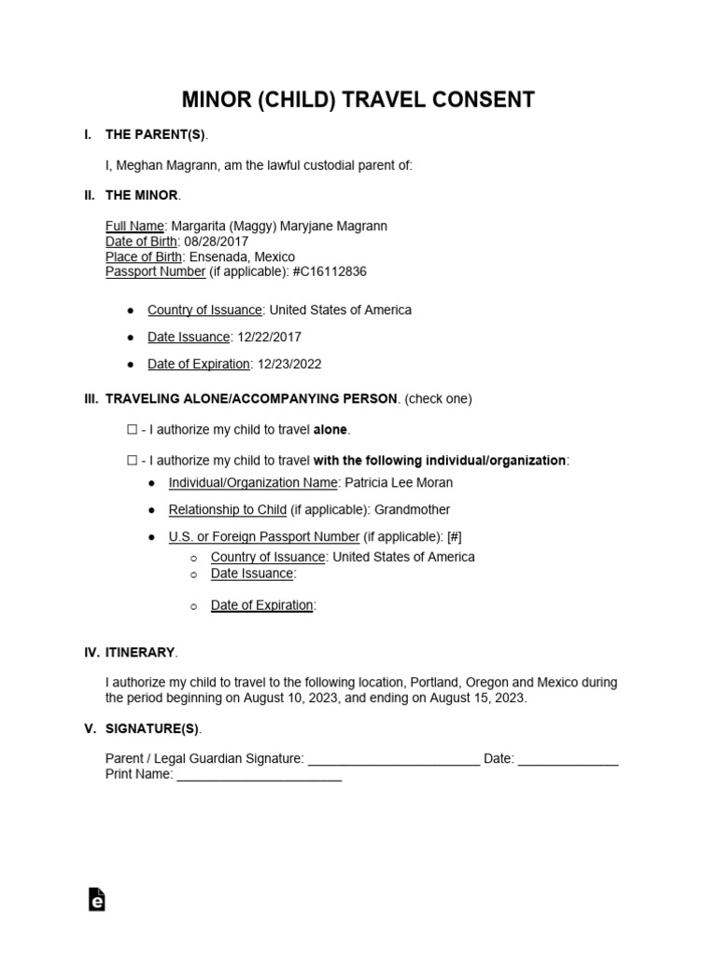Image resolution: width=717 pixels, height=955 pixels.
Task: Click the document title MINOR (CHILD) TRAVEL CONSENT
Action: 358,100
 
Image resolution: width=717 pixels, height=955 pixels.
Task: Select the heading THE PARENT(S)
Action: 156,135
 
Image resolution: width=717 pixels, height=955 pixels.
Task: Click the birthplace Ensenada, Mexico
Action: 242,256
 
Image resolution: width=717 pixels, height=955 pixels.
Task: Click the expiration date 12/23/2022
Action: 287,364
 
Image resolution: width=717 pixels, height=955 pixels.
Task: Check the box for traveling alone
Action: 131,430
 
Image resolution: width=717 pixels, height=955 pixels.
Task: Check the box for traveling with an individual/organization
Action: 131,461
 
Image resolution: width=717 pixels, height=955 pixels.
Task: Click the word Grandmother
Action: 411,509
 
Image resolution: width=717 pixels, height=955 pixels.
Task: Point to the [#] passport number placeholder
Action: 455,536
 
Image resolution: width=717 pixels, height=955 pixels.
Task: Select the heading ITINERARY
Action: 140,653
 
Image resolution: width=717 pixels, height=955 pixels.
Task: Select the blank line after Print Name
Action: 259,775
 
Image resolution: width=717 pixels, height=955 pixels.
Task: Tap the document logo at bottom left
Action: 96,898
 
